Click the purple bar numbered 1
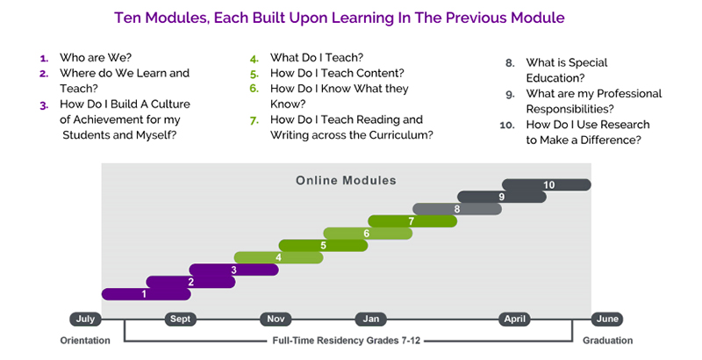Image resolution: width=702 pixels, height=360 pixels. [147, 294]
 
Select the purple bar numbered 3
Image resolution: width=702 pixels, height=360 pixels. [233, 270]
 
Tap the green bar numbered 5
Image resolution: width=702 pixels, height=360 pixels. [323, 245]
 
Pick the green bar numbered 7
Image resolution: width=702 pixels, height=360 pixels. [412, 221]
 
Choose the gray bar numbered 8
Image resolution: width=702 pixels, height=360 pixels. [457, 209]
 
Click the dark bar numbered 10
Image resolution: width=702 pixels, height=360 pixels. [547, 185]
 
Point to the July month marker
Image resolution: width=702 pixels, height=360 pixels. [85, 320]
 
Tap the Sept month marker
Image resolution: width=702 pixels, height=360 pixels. [181, 320]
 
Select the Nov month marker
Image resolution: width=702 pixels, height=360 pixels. [276, 320]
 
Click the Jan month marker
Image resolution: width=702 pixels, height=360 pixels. [370, 320]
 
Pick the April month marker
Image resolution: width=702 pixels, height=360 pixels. [515, 320]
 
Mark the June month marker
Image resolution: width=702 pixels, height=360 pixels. [607, 320]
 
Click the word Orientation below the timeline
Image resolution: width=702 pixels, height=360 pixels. [85, 341]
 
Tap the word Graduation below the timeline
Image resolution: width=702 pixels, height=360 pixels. [607, 341]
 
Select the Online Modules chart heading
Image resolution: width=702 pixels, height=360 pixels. [346, 181]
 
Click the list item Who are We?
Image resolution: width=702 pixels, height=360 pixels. [96, 58]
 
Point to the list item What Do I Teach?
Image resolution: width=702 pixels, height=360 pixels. [317, 58]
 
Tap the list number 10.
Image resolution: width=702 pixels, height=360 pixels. [507, 125]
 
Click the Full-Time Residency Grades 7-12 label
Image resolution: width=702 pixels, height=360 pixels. [347, 341]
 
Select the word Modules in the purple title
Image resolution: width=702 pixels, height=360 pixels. [174, 18]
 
